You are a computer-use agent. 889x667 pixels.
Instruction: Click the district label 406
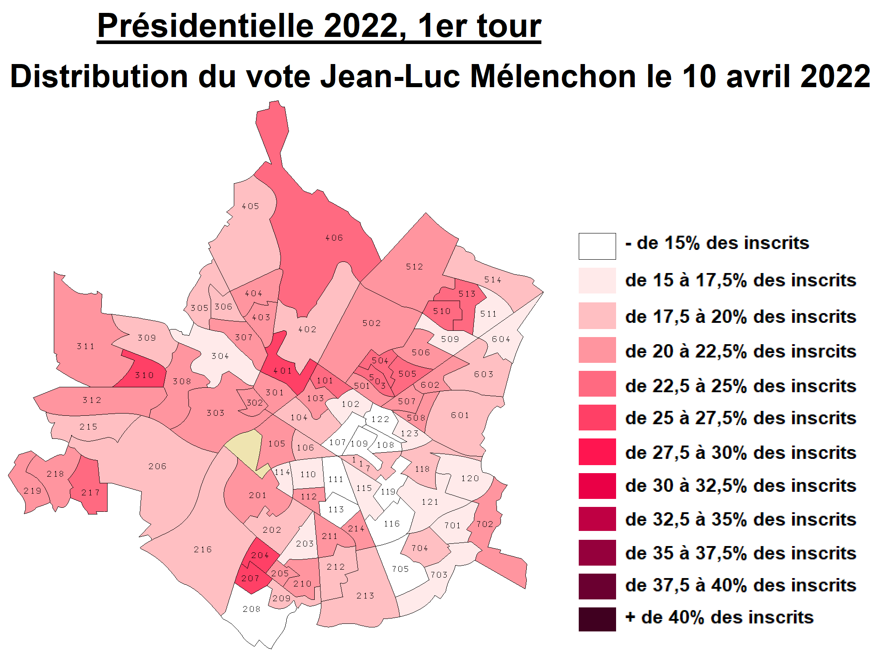coord(334,238)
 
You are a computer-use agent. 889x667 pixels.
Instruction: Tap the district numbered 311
coord(86,346)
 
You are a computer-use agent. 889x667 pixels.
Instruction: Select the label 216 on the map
coord(203,550)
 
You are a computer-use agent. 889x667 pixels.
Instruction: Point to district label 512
coord(414,267)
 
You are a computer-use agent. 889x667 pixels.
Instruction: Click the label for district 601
coord(460,415)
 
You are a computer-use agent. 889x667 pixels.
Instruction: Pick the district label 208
coord(252,609)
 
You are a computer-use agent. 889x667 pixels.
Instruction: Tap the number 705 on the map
coord(400,569)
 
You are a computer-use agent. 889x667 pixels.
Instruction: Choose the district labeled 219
coord(32,491)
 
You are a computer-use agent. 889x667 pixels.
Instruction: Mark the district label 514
coord(493,280)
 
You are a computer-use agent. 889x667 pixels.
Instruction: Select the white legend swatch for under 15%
coord(597,246)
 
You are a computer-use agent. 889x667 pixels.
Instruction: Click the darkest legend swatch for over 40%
coord(597,619)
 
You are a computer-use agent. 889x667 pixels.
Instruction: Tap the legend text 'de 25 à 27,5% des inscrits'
coord(740,418)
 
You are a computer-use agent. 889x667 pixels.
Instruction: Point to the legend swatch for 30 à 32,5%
coord(597,486)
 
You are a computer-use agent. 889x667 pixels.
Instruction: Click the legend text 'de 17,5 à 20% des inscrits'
coord(740,317)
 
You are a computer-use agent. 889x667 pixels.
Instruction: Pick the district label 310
coord(144,375)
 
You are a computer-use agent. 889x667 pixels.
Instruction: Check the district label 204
coord(260,555)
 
